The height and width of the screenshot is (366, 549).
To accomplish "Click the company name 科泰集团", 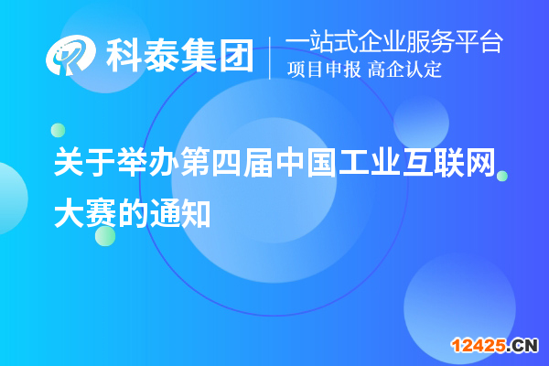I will (178, 57).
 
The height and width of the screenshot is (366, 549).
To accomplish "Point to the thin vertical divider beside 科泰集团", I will (270, 57).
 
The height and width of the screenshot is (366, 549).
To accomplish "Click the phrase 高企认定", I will (405, 70).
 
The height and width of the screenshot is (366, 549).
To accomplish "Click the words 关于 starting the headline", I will (83, 166).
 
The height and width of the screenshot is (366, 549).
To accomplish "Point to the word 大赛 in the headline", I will (83, 212).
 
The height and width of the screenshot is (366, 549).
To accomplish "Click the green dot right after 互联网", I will (501, 176).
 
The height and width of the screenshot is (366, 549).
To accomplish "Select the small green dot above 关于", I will (58, 129).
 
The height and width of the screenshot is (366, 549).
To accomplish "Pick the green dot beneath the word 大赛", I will (105, 235).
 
